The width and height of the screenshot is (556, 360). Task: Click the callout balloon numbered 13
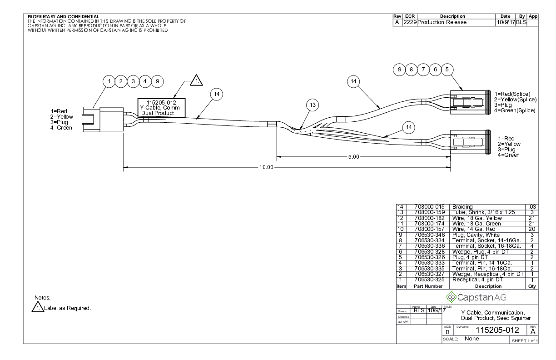(x=312, y=105)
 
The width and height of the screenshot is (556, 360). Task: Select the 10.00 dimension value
(x=267, y=167)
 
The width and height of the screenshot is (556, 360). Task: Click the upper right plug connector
(x=469, y=100)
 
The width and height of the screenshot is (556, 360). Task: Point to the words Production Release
(x=442, y=22)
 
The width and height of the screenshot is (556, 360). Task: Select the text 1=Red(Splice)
(x=512, y=94)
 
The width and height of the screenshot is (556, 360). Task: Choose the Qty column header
(x=532, y=286)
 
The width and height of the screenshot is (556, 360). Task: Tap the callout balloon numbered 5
(x=447, y=69)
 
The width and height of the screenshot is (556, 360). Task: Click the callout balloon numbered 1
(x=109, y=81)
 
